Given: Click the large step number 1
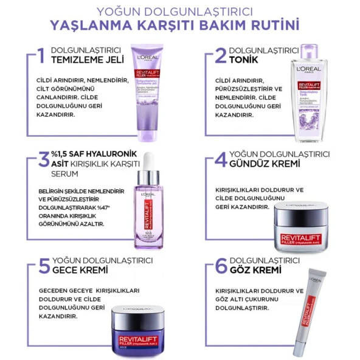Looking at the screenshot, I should point(41,55).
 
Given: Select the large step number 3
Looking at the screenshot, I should point(43,159).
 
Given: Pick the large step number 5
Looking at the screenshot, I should point(43,265).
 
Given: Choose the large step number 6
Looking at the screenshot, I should point(221,265).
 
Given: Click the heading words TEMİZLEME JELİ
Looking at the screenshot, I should point(87,60).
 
